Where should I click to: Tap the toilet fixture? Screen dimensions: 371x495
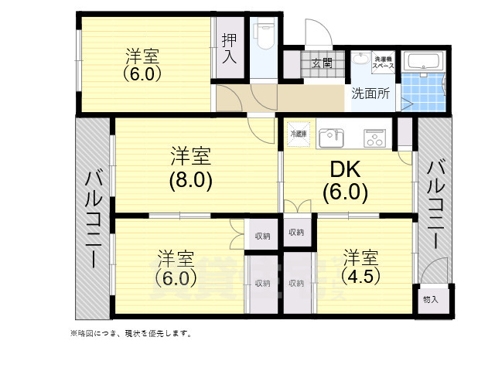(x=265, y=35)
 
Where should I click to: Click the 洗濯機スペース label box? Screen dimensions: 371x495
(x=384, y=62)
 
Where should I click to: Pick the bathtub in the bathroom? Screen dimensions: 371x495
(x=423, y=61)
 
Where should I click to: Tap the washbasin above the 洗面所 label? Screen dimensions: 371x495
(x=361, y=61)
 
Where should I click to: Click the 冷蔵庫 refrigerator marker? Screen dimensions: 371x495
(x=298, y=134)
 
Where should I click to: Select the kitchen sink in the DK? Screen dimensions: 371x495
(x=330, y=137)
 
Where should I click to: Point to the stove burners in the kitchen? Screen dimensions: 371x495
(x=375, y=138)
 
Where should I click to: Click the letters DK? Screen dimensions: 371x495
(x=343, y=170)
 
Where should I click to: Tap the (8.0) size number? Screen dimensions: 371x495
(x=191, y=180)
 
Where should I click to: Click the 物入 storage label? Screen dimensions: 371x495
(x=430, y=300)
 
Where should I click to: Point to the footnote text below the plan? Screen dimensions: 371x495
(x=131, y=334)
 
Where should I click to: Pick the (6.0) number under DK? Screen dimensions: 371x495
(x=344, y=192)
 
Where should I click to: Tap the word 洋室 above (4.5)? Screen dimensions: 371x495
(x=361, y=256)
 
